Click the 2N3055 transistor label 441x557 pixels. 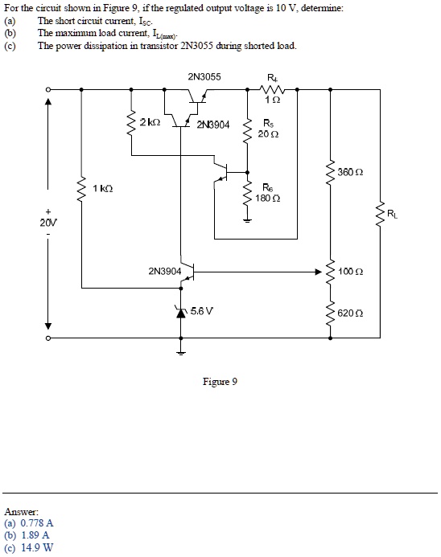204,78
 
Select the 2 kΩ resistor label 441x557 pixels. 150,123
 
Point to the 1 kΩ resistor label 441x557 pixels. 102,188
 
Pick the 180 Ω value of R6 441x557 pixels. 268,198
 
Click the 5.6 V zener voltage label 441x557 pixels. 200,309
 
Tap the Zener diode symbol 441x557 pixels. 181,310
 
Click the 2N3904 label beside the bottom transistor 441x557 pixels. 164,272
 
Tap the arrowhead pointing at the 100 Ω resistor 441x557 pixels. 318,272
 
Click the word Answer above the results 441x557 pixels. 20,510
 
